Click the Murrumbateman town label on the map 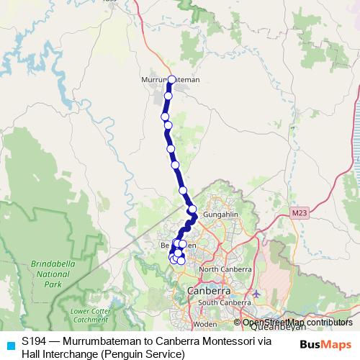click(171, 79)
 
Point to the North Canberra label click(225, 269)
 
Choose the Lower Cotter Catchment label click(90, 315)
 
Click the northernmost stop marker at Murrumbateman click(171, 79)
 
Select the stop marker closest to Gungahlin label click(192, 210)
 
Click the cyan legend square click(9, 345)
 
